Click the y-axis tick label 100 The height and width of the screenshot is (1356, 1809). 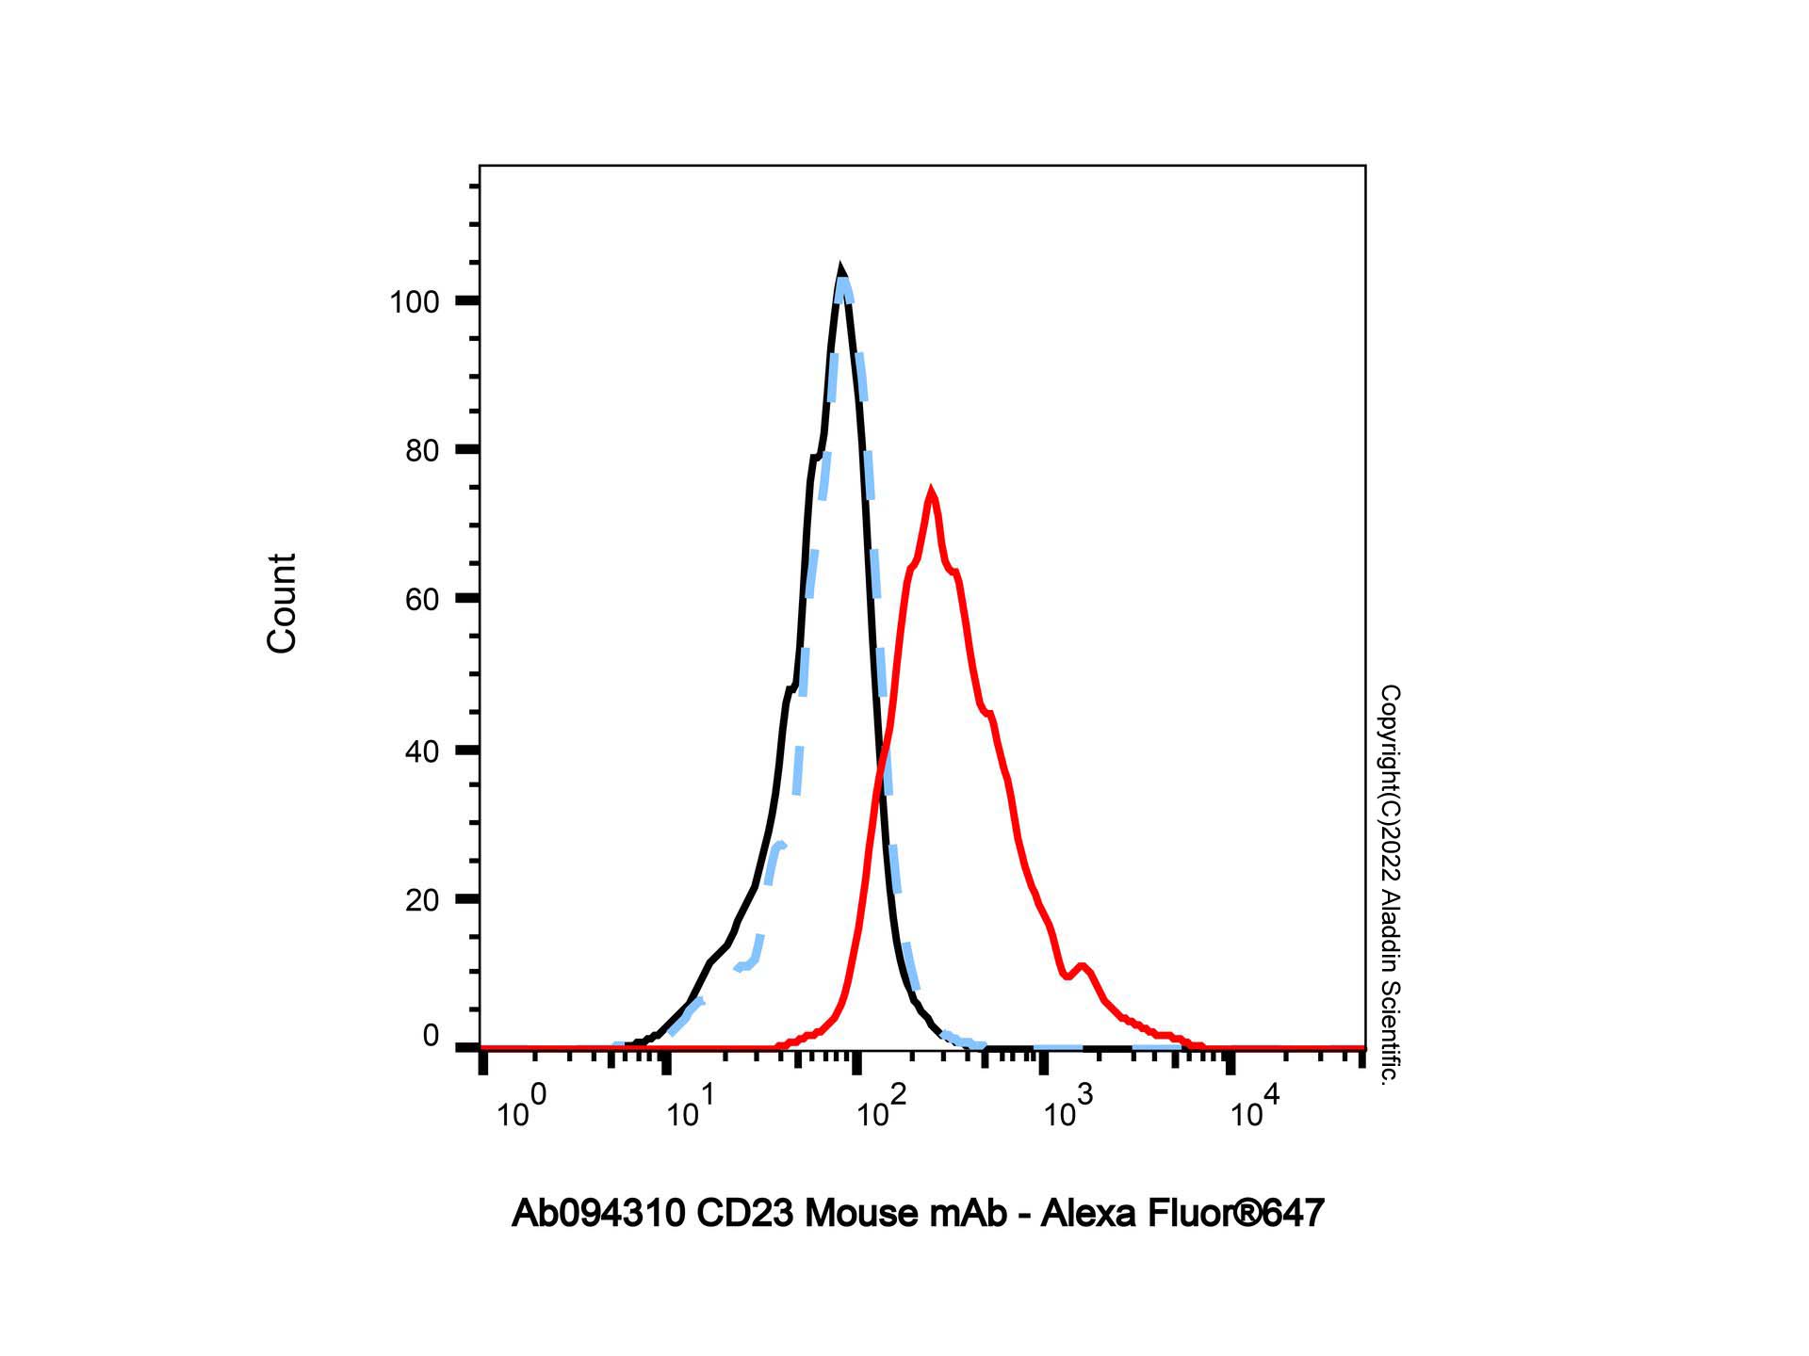(x=415, y=302)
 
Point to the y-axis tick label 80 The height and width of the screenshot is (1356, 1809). (x=422, y=451)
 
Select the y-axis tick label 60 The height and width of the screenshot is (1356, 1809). (x=422, y=600)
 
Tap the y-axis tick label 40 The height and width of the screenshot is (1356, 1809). (x=422, y=751)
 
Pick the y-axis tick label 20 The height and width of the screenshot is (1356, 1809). (x=422, y=900)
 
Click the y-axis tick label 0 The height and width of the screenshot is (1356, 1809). (x=432, y=1036)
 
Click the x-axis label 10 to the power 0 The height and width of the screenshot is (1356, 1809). (x=520, y=1107)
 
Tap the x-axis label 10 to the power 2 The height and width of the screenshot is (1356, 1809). (x=880, y=1107)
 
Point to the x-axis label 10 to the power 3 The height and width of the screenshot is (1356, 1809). (x=1067, y=1107)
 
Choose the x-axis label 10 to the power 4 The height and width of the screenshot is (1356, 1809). (x=1254, y=1107)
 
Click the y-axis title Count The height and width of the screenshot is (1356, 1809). (x=282, y=604)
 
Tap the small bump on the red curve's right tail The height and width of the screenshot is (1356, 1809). (x=1082, y=965)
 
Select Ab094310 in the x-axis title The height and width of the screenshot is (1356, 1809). (x=597, y=1214)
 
